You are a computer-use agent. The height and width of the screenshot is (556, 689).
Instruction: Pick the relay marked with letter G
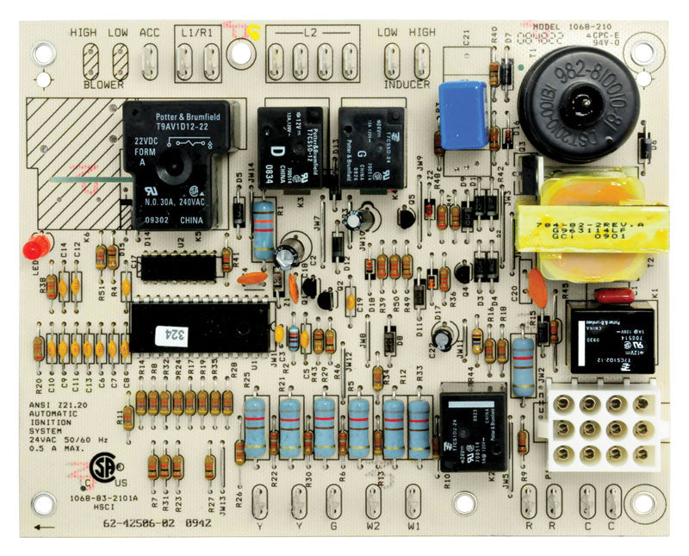click(370, 147)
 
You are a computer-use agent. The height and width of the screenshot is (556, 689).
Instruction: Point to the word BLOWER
click(104, 85)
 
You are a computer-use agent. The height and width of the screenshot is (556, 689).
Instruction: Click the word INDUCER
click(406, 84)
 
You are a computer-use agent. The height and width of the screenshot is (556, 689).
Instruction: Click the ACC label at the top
click(149, 33)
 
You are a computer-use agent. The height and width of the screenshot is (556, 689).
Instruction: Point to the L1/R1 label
click(198, 33)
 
